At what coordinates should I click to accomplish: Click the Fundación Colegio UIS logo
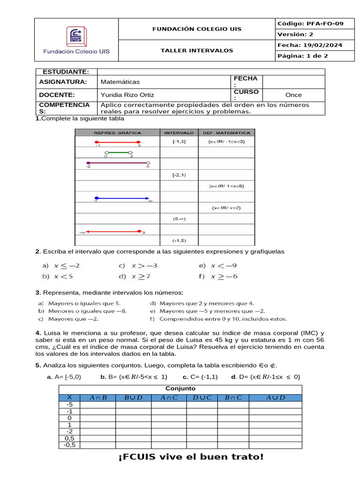[76, 40]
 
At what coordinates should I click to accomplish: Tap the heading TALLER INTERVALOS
[197, 51]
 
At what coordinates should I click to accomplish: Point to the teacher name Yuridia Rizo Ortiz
[127, 95]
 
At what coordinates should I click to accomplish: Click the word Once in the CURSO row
[293, 95]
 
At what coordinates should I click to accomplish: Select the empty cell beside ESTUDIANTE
[210, 71]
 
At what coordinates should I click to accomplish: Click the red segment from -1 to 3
[117, 141]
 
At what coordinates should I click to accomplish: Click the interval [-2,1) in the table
[179, 175]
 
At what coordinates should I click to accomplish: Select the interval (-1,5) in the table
[179, 241]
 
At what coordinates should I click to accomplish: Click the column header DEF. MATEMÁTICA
[227, 133]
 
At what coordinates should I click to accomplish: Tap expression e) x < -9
[217, 265]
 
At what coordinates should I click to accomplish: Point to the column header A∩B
[98, 397]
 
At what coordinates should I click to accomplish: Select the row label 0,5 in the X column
[70, 438]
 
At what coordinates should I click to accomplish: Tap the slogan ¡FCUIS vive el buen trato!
[191, 457]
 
